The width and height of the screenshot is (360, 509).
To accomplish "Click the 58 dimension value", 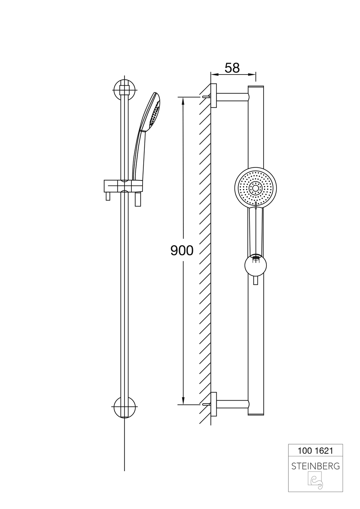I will (x=232, y=67).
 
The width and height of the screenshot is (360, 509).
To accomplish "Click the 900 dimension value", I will (x=182, y=251).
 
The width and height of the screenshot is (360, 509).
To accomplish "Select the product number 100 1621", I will (x=315, y=450).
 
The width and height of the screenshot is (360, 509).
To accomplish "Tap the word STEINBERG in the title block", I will (x=315, y=466).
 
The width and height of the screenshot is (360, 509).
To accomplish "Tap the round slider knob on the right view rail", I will (x=255, y=267).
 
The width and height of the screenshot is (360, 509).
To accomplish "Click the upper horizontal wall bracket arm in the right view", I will (x=233, y=96).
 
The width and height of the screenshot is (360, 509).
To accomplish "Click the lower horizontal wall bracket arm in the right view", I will (x=233, y=404).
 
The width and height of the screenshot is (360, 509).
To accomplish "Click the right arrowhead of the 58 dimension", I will (x=253, y=75).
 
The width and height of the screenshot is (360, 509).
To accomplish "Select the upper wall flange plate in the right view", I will (x=215, y=96).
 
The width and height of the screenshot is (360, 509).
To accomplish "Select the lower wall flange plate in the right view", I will (x=215, y=404).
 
